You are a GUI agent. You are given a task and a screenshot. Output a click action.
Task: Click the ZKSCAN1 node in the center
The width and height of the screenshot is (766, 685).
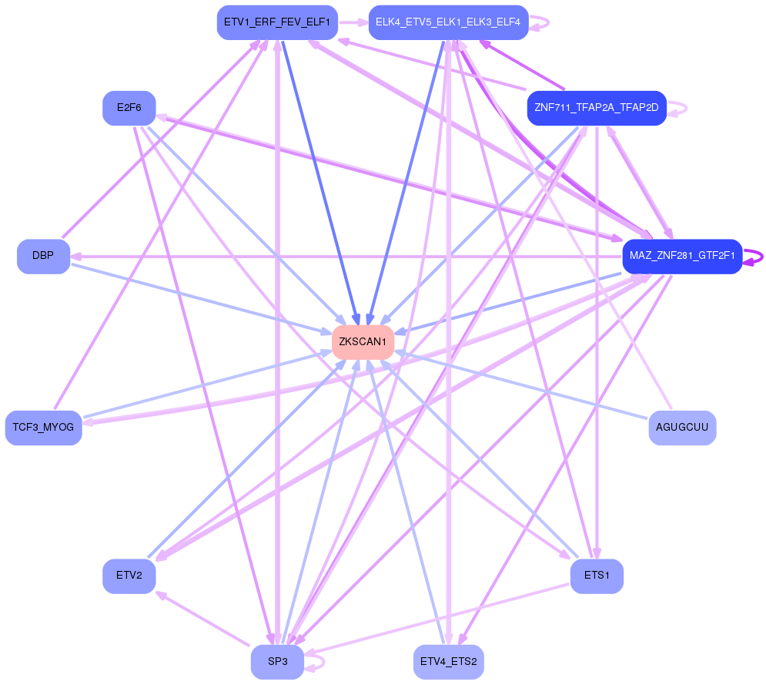tap(363, 341)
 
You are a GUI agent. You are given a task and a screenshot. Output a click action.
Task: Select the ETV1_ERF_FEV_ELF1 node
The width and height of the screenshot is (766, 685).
tap(276, 22)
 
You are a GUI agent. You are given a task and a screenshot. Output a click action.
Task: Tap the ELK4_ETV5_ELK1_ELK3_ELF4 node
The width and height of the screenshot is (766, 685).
tap(448, 22)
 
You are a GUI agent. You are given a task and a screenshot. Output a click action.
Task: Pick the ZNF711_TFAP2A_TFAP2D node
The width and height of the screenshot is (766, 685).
tap(596, 108)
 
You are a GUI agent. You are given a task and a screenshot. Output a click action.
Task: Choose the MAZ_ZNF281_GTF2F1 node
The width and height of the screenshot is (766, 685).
tap(682, 255)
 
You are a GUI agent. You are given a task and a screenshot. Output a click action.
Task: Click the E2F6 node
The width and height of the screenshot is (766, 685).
tap(129, 108)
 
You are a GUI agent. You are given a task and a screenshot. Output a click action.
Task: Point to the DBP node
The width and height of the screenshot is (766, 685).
tap(43, 256)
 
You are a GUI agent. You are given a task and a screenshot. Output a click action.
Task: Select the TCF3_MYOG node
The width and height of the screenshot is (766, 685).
tap(43, 427)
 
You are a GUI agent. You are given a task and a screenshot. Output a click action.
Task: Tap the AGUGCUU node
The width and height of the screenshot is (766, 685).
tap(682, 427)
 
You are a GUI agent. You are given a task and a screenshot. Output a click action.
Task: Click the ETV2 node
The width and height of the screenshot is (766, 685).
tap(129, 576)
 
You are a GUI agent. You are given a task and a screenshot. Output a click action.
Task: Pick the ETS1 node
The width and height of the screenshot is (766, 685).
tap(597, 576)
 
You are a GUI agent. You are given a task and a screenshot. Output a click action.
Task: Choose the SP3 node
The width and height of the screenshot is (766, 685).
tap(277, 662)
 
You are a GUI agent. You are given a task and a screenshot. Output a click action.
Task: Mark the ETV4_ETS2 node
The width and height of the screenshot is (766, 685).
tap(449, 662)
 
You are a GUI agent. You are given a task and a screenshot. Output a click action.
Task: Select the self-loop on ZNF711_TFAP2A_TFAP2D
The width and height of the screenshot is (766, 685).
tap(679, 109)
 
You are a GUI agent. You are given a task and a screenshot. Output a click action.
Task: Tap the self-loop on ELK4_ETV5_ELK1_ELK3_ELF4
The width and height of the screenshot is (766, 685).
tap(542, 22)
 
